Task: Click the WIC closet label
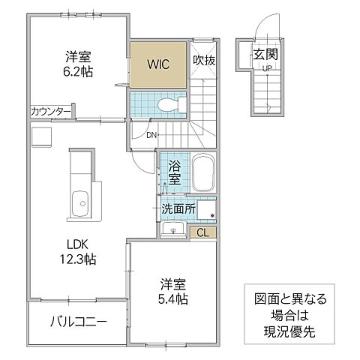[x=159, y=64]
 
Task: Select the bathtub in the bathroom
[x=202, y=174]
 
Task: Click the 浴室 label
[x=173, y=172]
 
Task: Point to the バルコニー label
[x=78, y=322]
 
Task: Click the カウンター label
[x=51, y=112]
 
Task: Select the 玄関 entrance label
[x=265, y=54]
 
